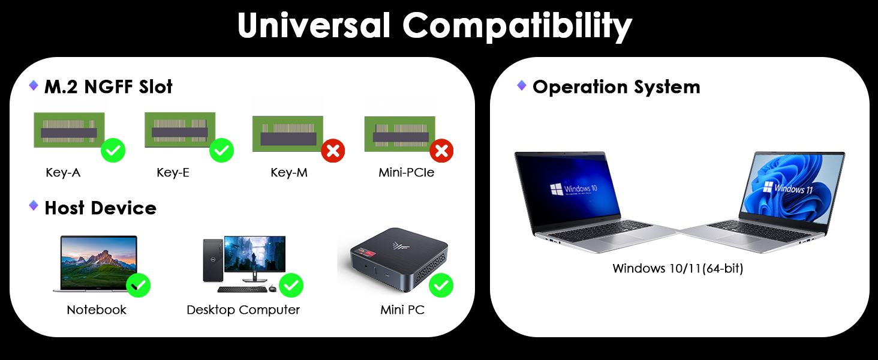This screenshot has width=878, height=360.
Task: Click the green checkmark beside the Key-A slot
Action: (113, 150)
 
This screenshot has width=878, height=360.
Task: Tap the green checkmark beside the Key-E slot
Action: (221, 150)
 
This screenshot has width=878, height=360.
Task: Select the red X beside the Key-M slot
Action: (333, 151)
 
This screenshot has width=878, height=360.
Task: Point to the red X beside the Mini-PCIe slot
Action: (441, 151)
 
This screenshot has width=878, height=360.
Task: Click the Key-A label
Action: (63, 173)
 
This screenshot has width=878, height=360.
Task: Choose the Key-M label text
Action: (290, 173)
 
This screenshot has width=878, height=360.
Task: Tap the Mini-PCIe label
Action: (406, 173)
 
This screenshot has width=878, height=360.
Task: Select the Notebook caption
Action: (97, 310)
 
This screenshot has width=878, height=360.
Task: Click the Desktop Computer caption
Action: (243, 310)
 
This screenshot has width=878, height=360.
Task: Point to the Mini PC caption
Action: (402, 310)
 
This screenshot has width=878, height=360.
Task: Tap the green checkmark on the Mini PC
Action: (441, 286)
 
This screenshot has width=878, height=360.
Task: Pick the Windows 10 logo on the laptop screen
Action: (556, 189)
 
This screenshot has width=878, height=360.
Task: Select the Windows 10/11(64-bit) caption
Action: (678, 268)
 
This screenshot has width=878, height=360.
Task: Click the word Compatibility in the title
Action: (517, 26)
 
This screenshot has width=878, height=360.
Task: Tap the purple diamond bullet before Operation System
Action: (522, 85)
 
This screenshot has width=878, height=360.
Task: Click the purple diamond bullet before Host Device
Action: (34, 206)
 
